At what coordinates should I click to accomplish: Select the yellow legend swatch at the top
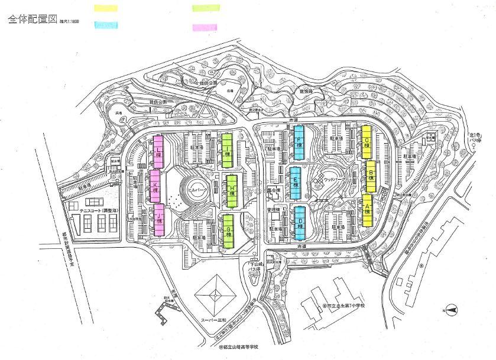pyautogui.click(x=106, y=9)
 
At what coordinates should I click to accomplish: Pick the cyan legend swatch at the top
pyautogui.click(x=106, y=26)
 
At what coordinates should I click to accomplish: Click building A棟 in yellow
pyautogui.click(x=367, y=210)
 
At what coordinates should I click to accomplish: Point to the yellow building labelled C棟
pyautogui.click(x=367, y=141)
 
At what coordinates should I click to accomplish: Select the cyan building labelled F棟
pyautogui.click(x=299, y=142)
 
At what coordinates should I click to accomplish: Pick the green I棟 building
pyautogui.click(x=228, y=151)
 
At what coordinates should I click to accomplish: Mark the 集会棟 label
pyautogui.click(x=273, y=190)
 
